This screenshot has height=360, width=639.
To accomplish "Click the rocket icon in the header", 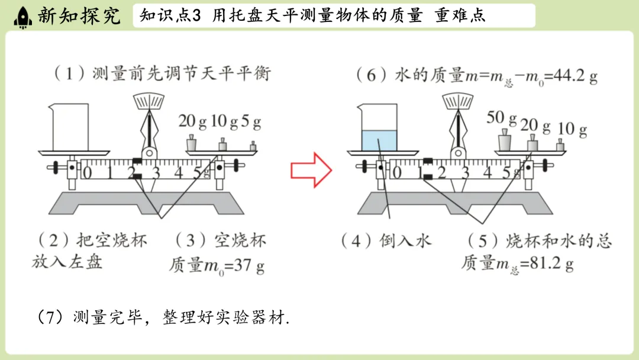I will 22,16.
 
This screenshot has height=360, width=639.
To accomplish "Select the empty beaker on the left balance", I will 69,127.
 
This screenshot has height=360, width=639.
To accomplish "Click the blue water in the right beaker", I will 378,141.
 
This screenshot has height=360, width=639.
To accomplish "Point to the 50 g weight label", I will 502,118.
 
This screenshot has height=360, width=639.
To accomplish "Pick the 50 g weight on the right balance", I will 504,143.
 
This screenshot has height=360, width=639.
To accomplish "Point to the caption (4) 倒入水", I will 386,240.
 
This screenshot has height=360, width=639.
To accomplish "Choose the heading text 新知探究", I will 78,16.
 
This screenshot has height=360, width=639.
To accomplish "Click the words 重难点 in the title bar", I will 460,16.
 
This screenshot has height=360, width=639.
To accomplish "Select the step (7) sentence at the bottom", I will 163,317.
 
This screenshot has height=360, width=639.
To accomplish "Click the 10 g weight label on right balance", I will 572,128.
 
